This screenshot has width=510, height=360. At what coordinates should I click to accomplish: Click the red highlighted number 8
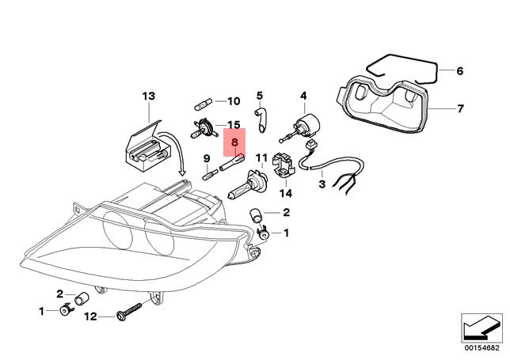click(235, 143)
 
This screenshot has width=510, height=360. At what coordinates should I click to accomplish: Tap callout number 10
click(232, 101)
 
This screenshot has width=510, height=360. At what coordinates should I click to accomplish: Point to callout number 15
click(233, 125)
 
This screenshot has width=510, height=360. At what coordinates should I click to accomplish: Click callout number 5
click(259, 96)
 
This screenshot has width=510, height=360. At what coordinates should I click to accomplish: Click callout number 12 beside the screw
click(90, 316)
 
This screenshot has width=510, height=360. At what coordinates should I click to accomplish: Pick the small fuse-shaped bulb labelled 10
click(204, 101)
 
